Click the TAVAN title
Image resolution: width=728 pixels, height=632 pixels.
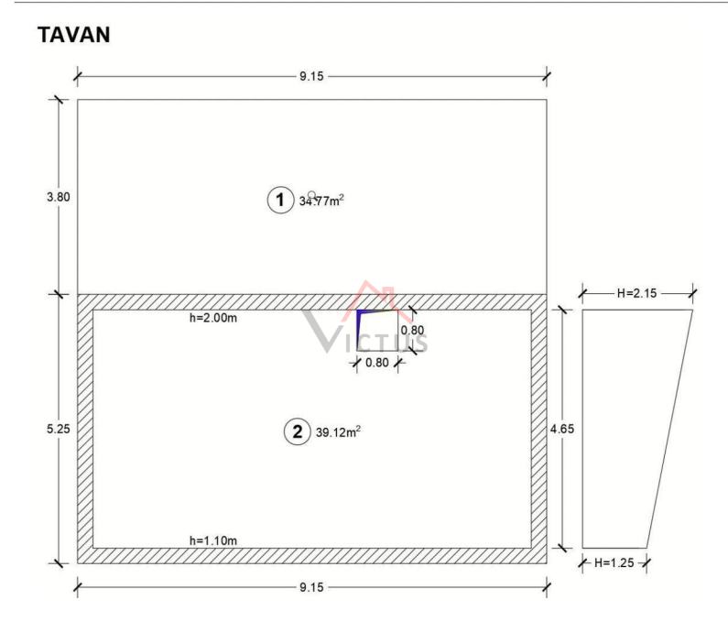pos(74,35)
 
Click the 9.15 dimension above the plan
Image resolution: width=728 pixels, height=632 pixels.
pos(311,76)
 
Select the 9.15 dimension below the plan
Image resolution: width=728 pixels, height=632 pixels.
pos(311,587)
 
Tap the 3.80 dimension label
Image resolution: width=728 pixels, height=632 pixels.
pos(58,197)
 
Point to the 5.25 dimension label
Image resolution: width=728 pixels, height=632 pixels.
pos(58,429)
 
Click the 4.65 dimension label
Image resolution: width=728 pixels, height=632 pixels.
pos(562,429)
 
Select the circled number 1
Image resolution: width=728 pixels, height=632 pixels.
pos(280,200)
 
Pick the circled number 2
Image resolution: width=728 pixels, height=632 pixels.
pos(297,431)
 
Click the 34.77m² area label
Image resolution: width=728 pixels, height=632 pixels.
pos(321,201)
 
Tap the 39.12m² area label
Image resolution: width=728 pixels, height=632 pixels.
pos(338,431)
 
